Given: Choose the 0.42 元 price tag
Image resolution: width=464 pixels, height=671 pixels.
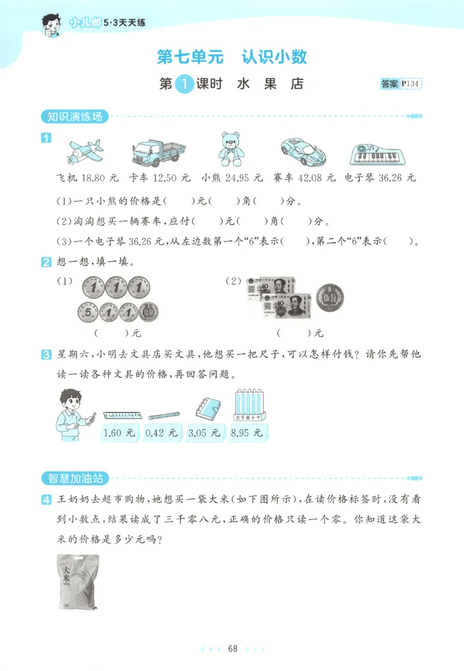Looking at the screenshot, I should (x=161, y=432).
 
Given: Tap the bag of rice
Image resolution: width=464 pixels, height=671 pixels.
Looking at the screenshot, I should (x=77, y=581).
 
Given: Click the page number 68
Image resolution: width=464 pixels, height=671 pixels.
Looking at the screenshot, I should (x=233, y=648).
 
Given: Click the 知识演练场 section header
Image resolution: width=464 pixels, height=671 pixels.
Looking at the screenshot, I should (x=75, y=116).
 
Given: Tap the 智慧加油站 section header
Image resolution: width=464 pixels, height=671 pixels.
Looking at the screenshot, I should (x=75, y=478).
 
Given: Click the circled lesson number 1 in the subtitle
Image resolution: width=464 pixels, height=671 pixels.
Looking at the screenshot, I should (x=184, y=84).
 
